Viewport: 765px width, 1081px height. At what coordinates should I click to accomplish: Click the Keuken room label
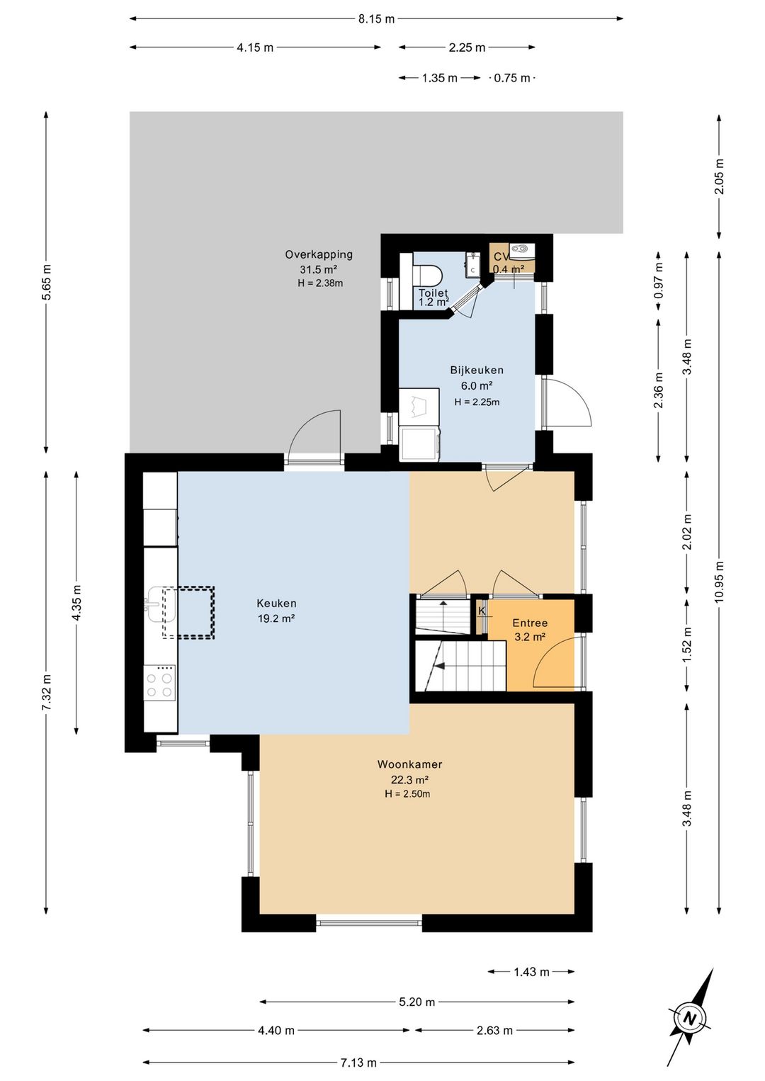click(x=276, y=604)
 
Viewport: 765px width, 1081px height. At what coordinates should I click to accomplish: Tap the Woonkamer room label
click(x=409, y=764)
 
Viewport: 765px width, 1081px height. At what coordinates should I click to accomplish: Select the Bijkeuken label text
click(x=477, y=370)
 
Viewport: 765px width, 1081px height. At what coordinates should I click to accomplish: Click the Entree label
click(x=530, y=623)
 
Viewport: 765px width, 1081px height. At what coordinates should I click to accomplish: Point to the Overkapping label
click(x=319, y=254)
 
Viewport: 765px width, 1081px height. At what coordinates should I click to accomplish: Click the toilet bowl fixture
click(x=428, y=276)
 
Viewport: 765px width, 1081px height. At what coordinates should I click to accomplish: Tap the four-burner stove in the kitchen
click(x=160, y=682)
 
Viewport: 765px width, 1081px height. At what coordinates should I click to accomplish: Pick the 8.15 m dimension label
click(x=376, y=19)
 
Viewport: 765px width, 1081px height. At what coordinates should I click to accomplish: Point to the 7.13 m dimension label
click(x=358, y=1062)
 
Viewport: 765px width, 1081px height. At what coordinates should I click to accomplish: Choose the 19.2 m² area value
click(x=276, y=618)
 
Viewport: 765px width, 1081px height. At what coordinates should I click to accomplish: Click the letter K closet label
click(x=481, y=611)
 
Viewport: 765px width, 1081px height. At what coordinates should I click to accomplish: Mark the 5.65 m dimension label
click(x=46, y=283)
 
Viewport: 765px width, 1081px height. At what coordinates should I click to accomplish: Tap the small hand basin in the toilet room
click(x=472, y=265)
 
